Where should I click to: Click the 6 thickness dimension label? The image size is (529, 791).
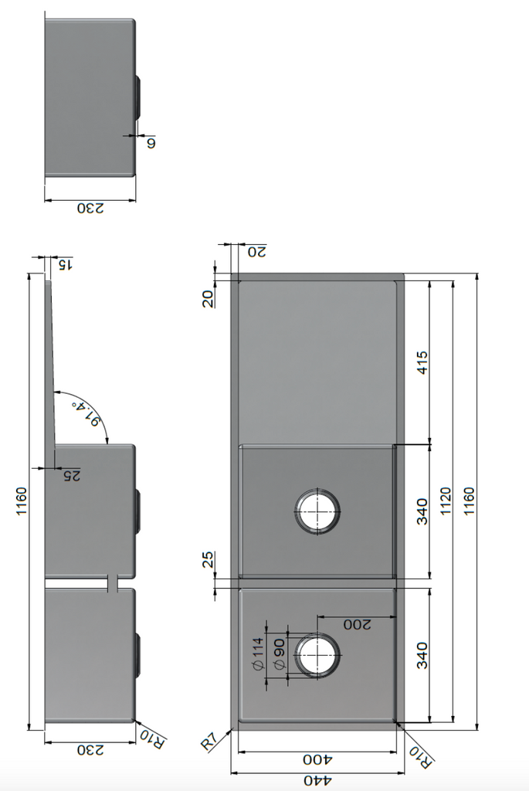tap(151, 143)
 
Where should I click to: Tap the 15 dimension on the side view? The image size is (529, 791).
tap(66, 264)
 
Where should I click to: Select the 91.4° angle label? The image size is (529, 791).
tap(86, 414)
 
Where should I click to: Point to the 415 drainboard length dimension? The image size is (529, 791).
tap(422, 362)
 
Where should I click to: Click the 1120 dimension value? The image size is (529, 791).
tap(446, 501)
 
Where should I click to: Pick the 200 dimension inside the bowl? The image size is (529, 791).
tap(357, 624)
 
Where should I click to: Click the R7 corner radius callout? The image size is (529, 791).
tap(209, 742)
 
